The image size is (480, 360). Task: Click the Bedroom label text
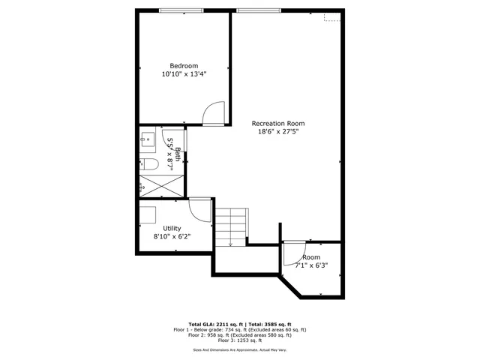tap(184, 65)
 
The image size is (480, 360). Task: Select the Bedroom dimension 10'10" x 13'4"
tap(184, 74)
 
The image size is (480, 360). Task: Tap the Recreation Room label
tap(278, 123)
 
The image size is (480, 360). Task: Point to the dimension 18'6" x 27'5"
tap(278, 132)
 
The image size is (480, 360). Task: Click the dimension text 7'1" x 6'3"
tap(311, 265)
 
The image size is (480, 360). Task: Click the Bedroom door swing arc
tap(214, 112)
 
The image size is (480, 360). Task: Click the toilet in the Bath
tap(148, 164)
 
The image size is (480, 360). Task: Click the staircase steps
tap(232, 225)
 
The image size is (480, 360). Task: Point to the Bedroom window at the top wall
tap(181, 10)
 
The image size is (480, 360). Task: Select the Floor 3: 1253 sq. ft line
tap(240, 340)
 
